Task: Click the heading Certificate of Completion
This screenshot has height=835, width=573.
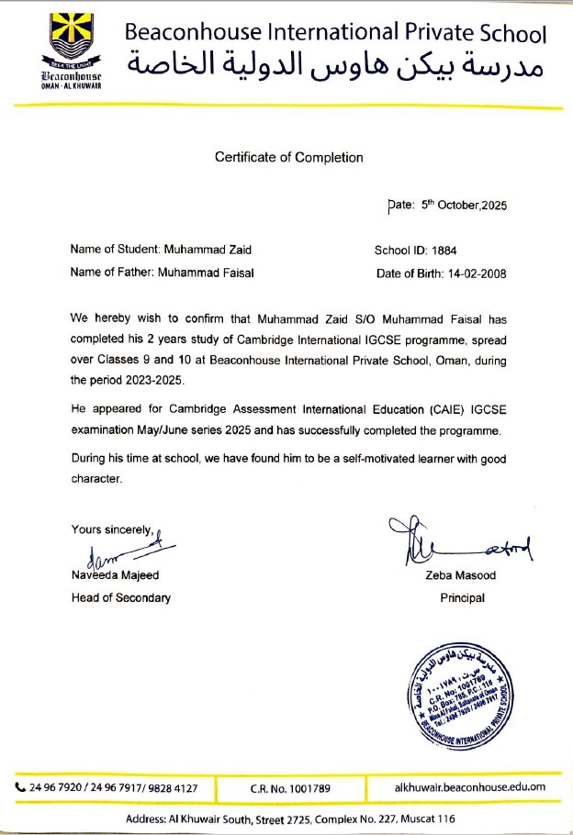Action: click(x=288, y=157)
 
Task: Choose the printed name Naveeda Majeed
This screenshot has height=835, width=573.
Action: click(x=114, y=575)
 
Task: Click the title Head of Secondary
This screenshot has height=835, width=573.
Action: click(x=120, y=597)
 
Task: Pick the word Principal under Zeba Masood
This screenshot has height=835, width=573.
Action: click(x=462, y=597)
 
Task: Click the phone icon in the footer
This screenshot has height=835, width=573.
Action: click(x=20, y=786)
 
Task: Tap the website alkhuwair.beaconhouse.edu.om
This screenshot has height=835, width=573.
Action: click(x=470, y=786)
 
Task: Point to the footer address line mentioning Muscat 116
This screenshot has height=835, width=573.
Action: click(x=286, y=818)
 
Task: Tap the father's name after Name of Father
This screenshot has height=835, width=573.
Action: click(x=207, y=273)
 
